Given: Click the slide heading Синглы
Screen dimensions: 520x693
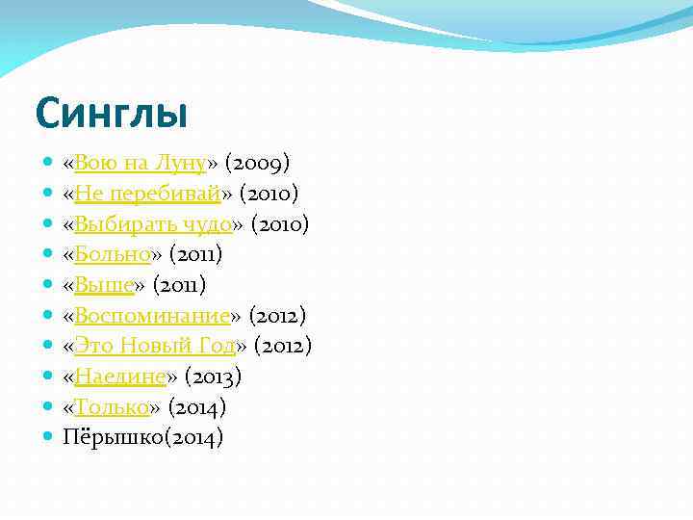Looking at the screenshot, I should [x=111, y=114].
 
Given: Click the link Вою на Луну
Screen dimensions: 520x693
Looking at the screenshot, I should [x=141, y=164].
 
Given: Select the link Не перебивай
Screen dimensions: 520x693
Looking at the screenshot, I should [x=148, y=195].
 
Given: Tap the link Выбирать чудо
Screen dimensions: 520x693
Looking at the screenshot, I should [x=153, y=224].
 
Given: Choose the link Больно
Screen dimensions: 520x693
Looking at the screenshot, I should [x=113, y=255].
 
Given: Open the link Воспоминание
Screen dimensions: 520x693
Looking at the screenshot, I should [x=152, y=316].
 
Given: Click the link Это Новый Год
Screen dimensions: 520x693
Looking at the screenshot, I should [x=155, y=346].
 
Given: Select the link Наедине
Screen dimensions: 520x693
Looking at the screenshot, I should [x=120, y=377].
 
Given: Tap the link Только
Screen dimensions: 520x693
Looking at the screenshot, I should [x=112, y=407].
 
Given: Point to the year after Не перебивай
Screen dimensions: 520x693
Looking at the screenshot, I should [x=270, y=195].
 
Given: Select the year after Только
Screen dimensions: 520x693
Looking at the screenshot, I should [x=197, y=407].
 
